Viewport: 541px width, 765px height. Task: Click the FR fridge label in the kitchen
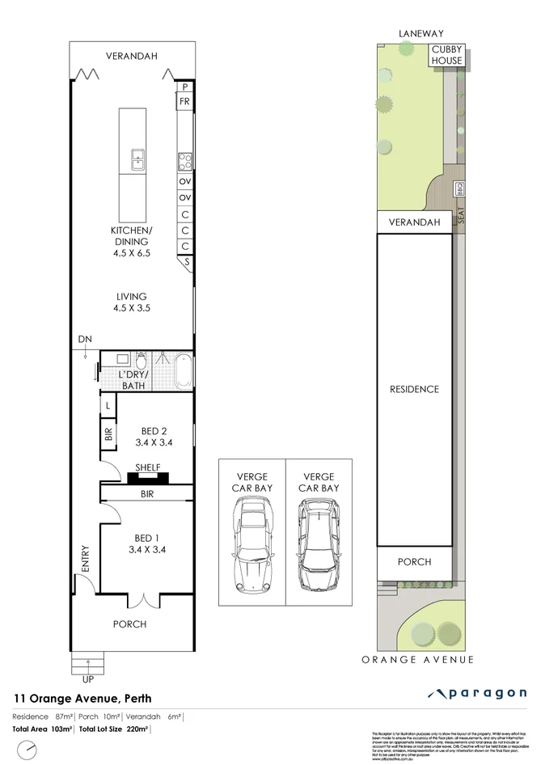(x=185, y=101)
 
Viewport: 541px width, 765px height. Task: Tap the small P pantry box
(x=185, y=87)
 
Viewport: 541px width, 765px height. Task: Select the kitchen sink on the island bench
(x=137, y=158)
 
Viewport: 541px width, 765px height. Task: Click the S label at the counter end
(x=186, y=262)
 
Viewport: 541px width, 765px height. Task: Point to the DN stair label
(x=84, y=339)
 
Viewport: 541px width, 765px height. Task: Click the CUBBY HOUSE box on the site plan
(x=446, y=56)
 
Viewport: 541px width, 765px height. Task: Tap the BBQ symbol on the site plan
(x=458, y=188)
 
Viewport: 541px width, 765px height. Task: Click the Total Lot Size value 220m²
(x=138, y=729)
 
